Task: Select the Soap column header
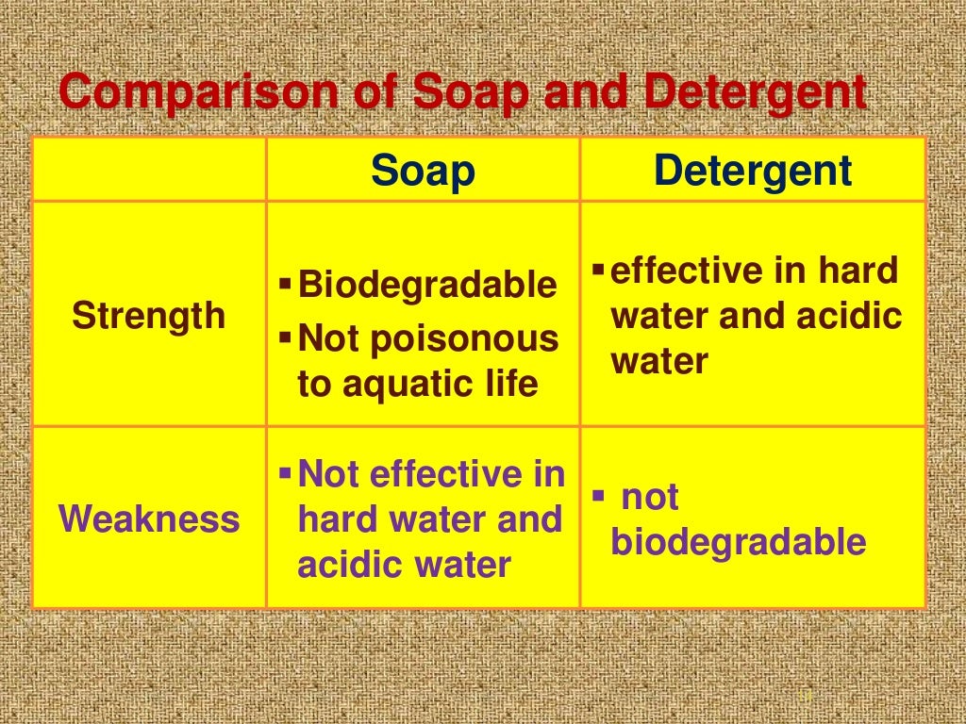pos(423,172)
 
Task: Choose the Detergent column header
pos(753,172)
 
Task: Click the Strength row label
pos(149,316)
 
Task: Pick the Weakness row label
pos(149,518)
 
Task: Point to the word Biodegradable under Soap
pos(427,285)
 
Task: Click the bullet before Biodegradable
pos(286,284)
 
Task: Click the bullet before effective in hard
pos(598,271)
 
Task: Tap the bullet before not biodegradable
pos(598,495)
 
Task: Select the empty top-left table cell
pos(149,170)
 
